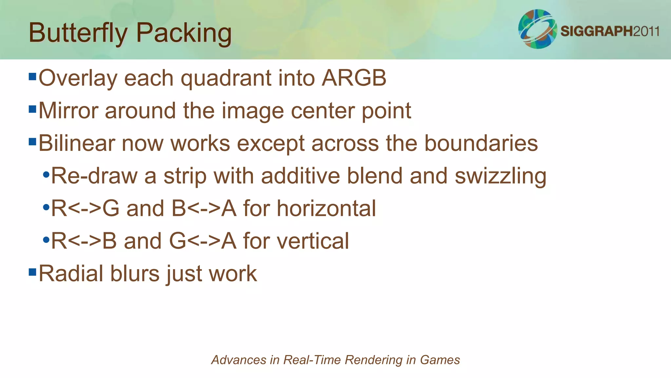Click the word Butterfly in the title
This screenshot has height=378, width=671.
coord(78,33)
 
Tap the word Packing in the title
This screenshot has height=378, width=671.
coord(184,33)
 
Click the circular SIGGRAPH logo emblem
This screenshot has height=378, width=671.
coord(537,29)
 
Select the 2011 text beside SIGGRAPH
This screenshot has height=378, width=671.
coord(646,31)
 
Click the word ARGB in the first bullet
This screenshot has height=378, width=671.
coord(354,78)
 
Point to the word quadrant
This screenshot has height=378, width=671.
coord(226,79)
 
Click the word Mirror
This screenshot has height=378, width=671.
coord(68,111)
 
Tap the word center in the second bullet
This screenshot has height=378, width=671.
coord(323,111)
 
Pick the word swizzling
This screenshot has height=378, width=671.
coord(500,176)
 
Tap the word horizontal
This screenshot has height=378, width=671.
coord(326,208)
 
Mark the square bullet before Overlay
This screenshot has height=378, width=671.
coord(32,77)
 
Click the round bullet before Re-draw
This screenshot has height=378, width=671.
coord(46,175)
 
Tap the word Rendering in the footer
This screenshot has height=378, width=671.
coord(373,360)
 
